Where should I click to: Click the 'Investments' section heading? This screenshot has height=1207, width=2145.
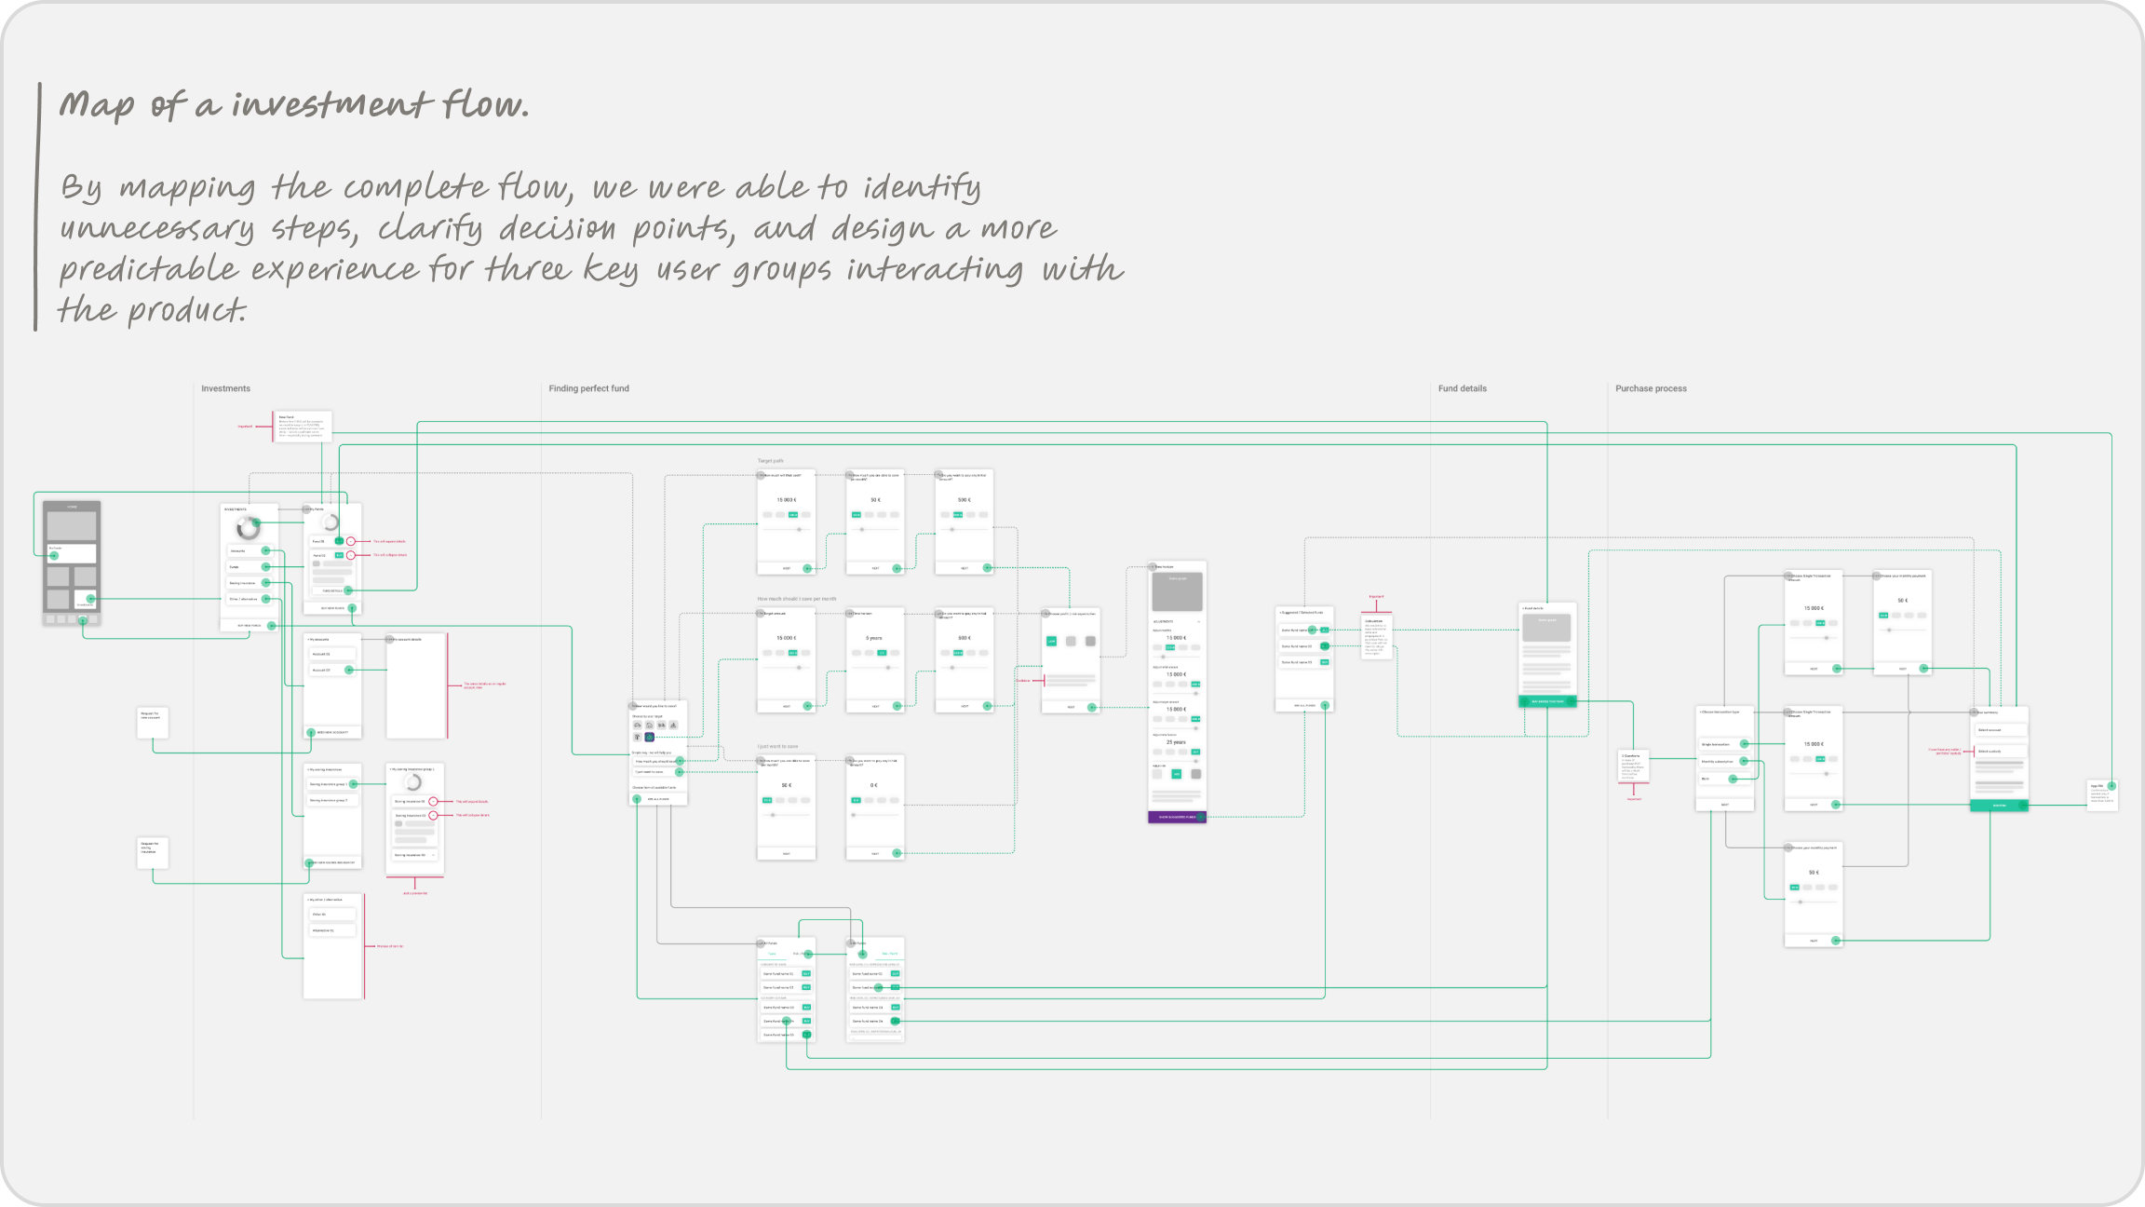pos(225,388)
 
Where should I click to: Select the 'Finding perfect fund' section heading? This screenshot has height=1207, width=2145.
pos(588,388)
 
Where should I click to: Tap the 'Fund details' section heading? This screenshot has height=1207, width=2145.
pos(1462,388)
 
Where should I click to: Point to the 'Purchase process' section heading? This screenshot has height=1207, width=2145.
pos(1651,388)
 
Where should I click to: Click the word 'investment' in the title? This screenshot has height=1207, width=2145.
pos(331,104)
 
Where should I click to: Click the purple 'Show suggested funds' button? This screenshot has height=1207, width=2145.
pos(1177,817)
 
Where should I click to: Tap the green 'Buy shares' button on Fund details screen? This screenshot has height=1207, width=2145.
pos(1547,701)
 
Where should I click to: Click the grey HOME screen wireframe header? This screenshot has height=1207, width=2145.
pos(72,508)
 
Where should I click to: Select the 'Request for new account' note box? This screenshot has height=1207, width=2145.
pos(153,722)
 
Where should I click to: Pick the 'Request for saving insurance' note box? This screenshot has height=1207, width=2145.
pos(153,852)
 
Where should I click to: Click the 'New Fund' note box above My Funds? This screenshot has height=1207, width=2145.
pos(304,427)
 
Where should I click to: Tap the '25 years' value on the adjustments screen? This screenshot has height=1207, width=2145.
pos(1176,742)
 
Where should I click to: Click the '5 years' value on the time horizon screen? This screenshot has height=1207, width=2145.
pos(874,638)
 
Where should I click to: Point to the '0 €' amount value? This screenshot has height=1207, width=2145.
pos(874,785)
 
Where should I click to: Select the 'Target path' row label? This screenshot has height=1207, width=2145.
pos(770,461)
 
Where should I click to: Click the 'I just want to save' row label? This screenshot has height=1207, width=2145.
pos(777,746)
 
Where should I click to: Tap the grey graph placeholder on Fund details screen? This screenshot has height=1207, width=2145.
pos(1546,627)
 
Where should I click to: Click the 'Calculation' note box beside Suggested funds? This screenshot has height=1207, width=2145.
pos(1376,636)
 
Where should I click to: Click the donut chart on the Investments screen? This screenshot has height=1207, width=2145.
pos(249,528)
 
